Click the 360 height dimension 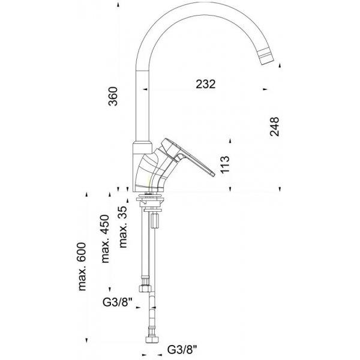pyautogui.click(x=113, y=96)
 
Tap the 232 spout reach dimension pyautogui.click(x=206, y=84)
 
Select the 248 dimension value pyautogui.click(x=275, y=127)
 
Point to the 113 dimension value pyautogui.click(x=225, y=164)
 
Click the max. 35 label pyautogui.click(x=123, y=227)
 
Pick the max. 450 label pyautogui.click(x=105, y=239)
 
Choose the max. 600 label pyautogui.click(x=82, y=266)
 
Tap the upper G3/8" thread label pyautogui.click(x=118, y=302)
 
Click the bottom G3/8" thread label pyautogui.click(x=182, y=350)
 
